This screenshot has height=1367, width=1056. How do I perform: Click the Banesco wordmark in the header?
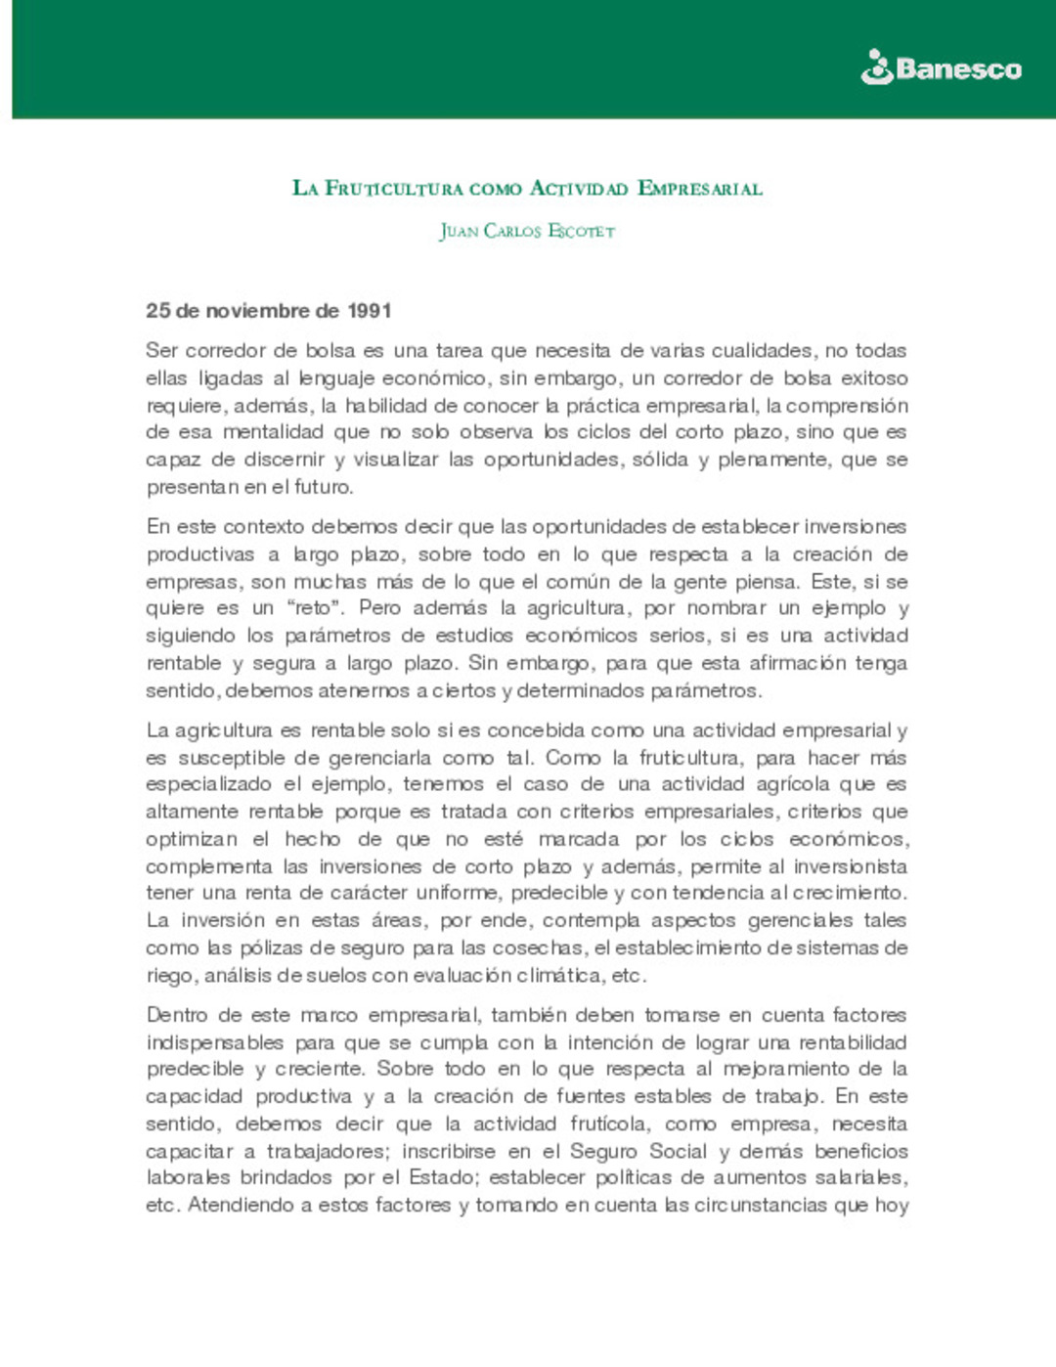[x=958, y=69]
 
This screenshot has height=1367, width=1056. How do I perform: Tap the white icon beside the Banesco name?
[x=877, y=67]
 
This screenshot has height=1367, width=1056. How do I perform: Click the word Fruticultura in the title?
[x=393, y=188]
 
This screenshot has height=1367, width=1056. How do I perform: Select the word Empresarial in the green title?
[x=699, y=188]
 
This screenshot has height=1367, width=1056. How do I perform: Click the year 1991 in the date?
[x=370, y=311]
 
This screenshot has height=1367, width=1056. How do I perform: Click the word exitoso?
[x=874, y=377]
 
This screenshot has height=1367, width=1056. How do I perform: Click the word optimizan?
[x=192, y=839]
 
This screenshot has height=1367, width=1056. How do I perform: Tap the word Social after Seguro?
[x=680, y=1151]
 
